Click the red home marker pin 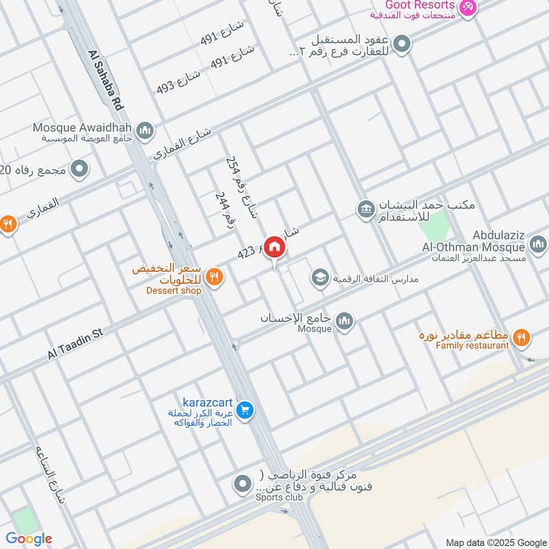[x=274, y=247]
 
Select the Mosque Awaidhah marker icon [x=145, y=129]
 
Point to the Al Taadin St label [x=75, y=344]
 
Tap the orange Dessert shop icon [x=215, y=277]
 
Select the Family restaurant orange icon [x=522, y=336]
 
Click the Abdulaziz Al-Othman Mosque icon [x=538, y=244]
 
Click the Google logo [x=29, y=539]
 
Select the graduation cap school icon [x=319, y=277]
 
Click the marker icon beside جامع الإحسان [x=344, y=320]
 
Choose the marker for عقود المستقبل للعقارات [x=404, y=45]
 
